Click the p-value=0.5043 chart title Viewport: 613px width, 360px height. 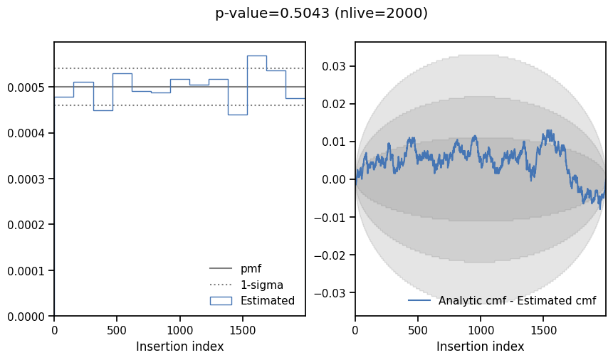pos(321,13)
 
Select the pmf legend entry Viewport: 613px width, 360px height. pos(251,269)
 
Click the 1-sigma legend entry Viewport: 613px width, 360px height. pos(261,285)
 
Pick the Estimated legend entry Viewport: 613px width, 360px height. pos(267,301)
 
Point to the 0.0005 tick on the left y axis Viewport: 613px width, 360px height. pos(27,88)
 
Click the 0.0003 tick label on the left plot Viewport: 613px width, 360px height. pos(27,179)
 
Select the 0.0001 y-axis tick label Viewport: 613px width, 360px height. pos(27,271)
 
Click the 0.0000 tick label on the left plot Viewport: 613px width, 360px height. pos(27,317)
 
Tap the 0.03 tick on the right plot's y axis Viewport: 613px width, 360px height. pos(335,66)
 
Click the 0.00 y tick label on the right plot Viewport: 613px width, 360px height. pos(335,179)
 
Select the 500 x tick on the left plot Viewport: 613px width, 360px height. pos(117,330)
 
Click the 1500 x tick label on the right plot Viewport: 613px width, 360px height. pos(544,330)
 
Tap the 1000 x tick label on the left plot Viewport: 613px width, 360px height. pos(179,330)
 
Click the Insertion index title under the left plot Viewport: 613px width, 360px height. pos(179,346)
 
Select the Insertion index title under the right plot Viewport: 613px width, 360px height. pos(481,346)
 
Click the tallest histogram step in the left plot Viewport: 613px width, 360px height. pos(256,55)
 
